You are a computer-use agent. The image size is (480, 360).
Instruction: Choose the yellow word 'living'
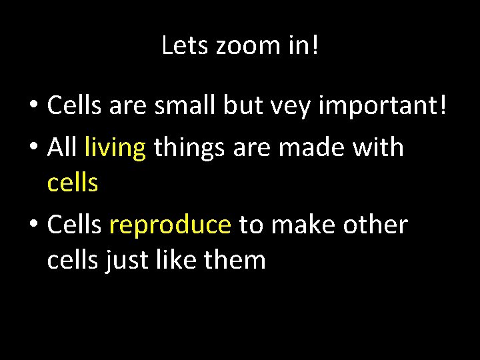pos(115,147)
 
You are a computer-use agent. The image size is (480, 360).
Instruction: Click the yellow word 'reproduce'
pos(170,225)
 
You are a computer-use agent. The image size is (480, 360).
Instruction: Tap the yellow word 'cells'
pos(73,183)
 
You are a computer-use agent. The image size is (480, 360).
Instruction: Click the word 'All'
pos(63,147)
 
